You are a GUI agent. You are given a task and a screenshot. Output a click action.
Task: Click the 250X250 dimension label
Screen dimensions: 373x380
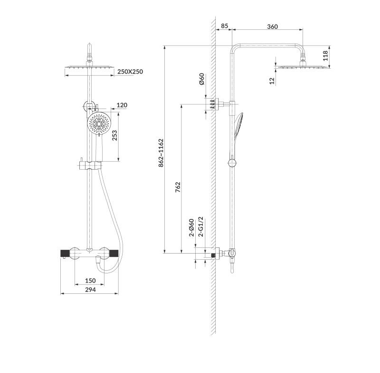pyautogui.click(x=130, y=72)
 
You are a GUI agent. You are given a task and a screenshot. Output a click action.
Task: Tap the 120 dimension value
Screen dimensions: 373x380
pyautogui.click(x=122, y=105)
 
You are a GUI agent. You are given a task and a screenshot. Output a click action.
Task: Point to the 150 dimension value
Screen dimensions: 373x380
pyautogui.click(x=90, y=281)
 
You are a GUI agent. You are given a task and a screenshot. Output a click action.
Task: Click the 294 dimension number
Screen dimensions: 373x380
pyautogui.click(x=90, y=290)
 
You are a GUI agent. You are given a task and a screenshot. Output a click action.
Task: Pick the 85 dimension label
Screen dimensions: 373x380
pyautogui.click(x=224, y=27)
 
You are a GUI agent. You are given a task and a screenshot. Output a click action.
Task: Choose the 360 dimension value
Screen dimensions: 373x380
pyautogui.click(x=272, y=27)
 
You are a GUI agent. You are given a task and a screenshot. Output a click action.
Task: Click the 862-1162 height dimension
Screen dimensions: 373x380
pyautogui.click(x=161, y=152)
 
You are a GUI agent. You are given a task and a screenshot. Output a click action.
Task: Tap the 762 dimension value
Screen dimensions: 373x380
pyautogui.click(x=178, y=187)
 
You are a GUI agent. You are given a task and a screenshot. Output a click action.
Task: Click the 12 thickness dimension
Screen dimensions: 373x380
pyautogui.click(x=272, y=81)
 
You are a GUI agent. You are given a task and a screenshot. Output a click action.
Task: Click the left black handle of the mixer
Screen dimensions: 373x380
pyautogui.click(x=66, y=253)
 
